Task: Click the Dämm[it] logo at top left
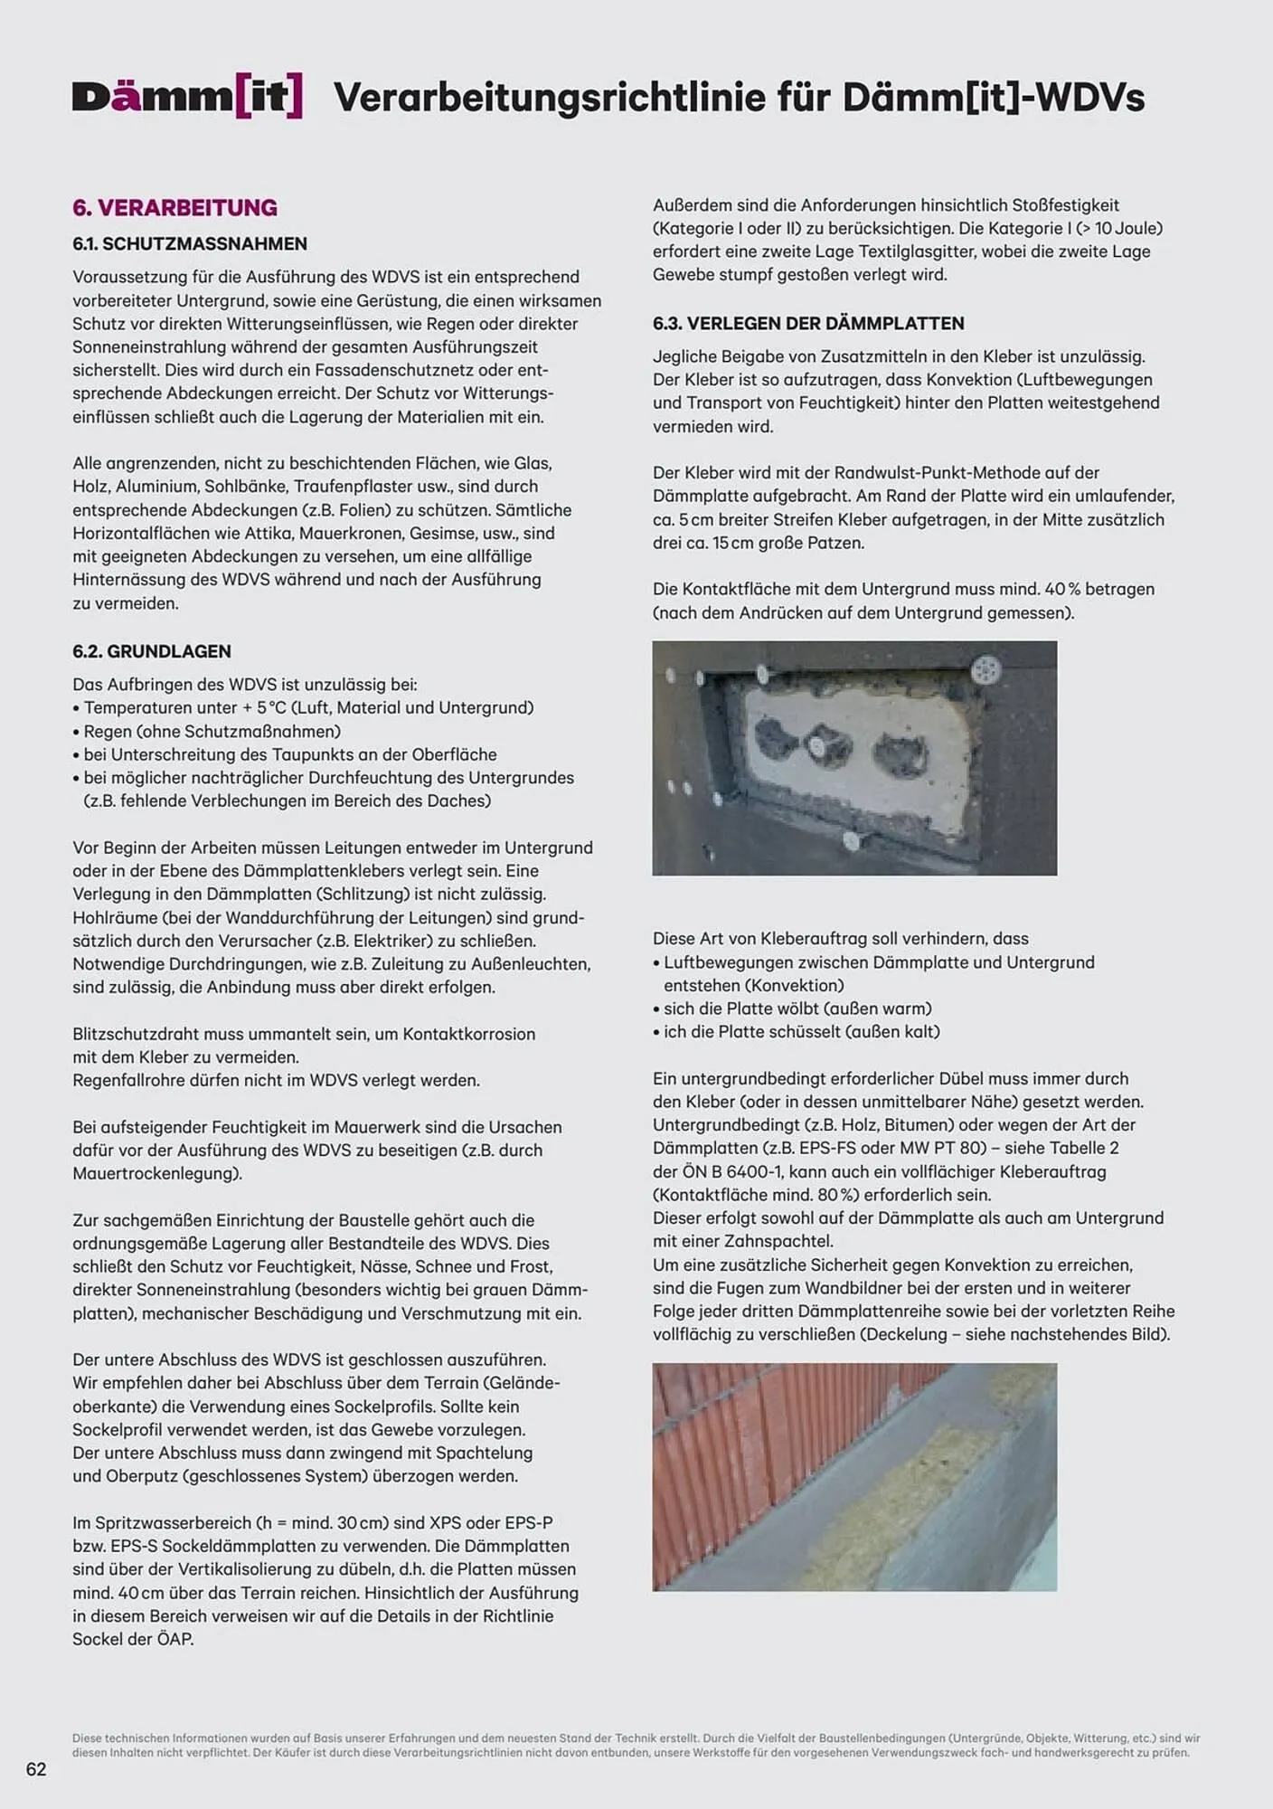coord(187,97)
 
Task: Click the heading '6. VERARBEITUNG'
coord(174,207)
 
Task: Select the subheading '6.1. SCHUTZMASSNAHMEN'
coord(190,243)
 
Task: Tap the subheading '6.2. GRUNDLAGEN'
coord(152,651)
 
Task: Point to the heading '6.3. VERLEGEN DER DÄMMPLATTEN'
coord(808,323)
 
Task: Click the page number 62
coord(36,1769)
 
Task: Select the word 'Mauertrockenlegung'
coord(155,1173)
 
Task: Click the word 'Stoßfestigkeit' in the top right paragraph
coord(1060,205)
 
